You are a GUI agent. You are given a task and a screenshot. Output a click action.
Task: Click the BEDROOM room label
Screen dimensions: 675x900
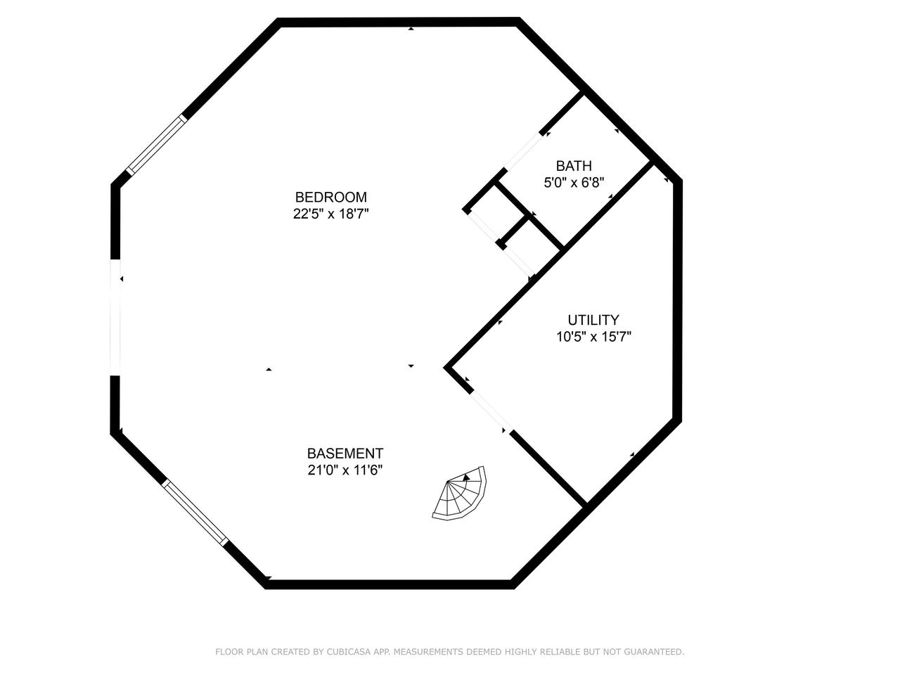(x=330, y=197)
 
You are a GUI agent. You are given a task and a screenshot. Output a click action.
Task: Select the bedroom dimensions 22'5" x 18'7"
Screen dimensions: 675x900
(x=330, y=214)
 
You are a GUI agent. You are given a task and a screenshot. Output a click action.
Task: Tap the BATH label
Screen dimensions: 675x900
(x=574, y=166)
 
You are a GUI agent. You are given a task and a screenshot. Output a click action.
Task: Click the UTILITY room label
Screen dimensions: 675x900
(x=593, y=320)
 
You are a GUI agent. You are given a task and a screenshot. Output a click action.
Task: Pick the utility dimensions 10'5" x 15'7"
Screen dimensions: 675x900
(x=593, y=337)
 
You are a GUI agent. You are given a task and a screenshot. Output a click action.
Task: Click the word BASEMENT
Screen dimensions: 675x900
(x=345, y=454)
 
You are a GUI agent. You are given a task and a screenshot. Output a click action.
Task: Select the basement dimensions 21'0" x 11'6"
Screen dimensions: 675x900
(x=345, y=470)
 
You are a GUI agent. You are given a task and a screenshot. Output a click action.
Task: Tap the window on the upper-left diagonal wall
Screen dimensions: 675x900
(x=157, y=144)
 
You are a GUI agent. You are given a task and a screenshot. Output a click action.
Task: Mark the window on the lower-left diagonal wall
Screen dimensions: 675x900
(x=196, y=513)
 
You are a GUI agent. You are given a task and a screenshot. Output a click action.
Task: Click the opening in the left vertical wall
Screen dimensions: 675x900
(x=115, y=318)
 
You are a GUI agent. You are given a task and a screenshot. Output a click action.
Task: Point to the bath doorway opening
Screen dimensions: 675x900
(x=524, y=150)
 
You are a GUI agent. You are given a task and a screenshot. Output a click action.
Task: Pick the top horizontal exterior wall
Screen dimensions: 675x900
(x=398, y=22)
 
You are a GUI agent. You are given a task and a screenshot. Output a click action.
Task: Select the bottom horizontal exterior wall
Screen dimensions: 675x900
(x=389, y=584)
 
